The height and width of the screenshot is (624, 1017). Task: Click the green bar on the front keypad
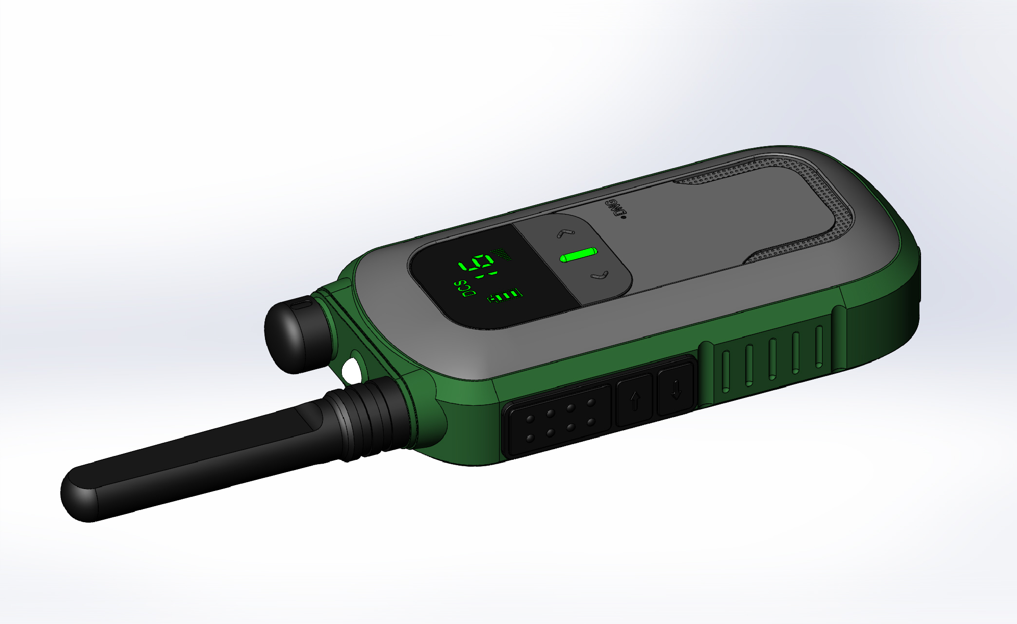578,254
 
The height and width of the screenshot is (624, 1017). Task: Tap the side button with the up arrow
634,400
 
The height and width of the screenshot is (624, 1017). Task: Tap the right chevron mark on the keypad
600,276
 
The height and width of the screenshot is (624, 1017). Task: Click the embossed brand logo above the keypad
615,207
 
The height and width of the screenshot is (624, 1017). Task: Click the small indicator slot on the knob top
302,305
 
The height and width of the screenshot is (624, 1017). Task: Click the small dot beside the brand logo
623,217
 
